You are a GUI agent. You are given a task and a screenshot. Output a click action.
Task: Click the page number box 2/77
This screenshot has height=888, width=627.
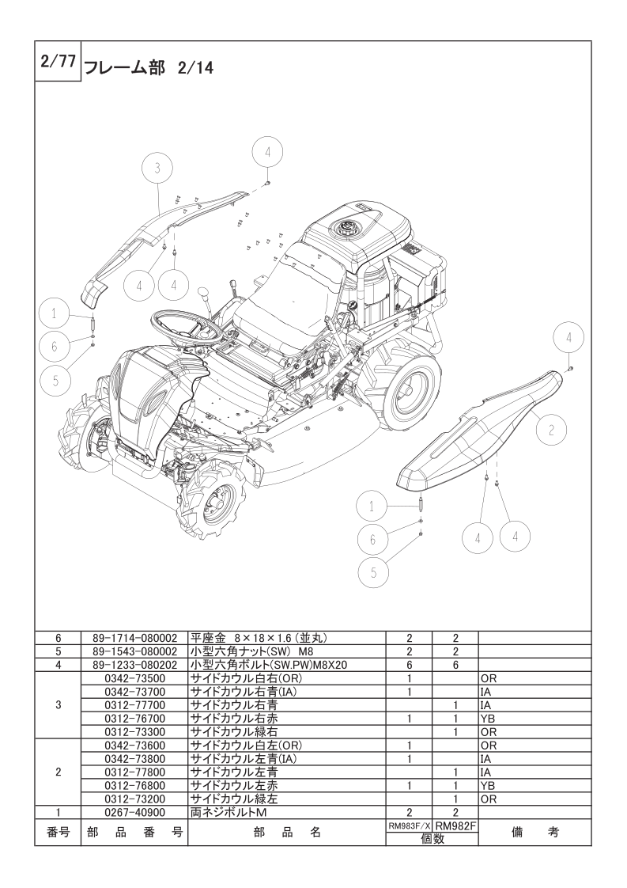coord(59,61)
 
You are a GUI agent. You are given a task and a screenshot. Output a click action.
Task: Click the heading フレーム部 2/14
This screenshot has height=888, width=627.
coord(149,69)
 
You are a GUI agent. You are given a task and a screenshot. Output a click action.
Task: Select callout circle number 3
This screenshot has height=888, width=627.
coord(157,168)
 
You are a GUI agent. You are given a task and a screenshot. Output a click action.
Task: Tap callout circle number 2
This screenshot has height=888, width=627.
coord(550,430)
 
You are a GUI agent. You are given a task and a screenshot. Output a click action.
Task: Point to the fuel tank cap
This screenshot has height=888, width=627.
coord(346,229)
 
